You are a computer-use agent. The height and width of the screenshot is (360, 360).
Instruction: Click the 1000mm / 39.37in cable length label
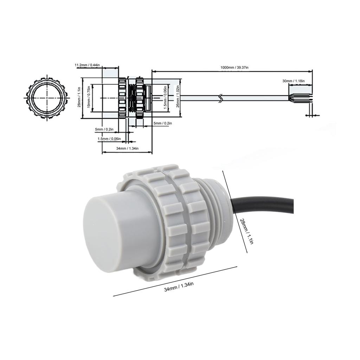234,67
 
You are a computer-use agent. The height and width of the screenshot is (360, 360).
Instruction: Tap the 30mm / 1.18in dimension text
294,81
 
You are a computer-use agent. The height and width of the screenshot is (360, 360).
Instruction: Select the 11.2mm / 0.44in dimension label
87,65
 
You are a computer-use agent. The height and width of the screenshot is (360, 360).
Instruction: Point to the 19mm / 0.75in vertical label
89,98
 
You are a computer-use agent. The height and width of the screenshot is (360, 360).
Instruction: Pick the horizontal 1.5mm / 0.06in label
109,139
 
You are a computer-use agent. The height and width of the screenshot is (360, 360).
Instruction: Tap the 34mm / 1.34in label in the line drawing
127,148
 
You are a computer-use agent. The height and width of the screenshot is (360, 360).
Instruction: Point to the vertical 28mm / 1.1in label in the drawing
79,98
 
